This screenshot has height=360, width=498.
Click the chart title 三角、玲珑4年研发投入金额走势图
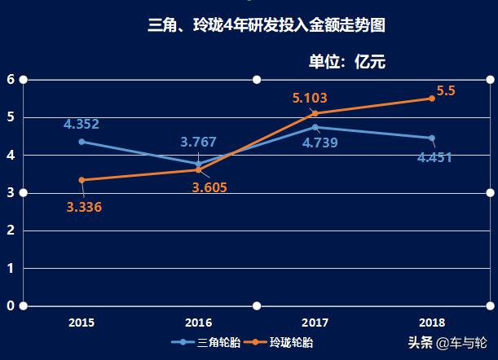(267, 26)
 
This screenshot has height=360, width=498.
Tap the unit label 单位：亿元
(346, 62)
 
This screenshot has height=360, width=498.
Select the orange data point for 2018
(432, 99)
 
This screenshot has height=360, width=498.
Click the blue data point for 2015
(82, 142)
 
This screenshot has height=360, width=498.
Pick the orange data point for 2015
(82, 180)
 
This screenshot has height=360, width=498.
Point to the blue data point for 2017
(315, 127)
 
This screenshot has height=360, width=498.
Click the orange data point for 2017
(315, 113)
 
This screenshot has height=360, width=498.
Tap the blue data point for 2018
(432, 138)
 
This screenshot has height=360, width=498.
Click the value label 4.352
(82, 125)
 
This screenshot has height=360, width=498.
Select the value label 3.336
(84, 207)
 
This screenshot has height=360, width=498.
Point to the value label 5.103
(310, 99)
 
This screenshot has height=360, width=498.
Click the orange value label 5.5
(446, 91)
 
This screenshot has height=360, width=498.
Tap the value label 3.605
(209, 187)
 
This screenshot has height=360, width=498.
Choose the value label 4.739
(320, 143)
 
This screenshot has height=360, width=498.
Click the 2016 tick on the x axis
(198, 323)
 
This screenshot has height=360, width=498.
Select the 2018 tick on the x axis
(431, 323)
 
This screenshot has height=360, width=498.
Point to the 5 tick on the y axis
(11, 117)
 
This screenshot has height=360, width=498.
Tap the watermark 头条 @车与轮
(447, 343)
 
